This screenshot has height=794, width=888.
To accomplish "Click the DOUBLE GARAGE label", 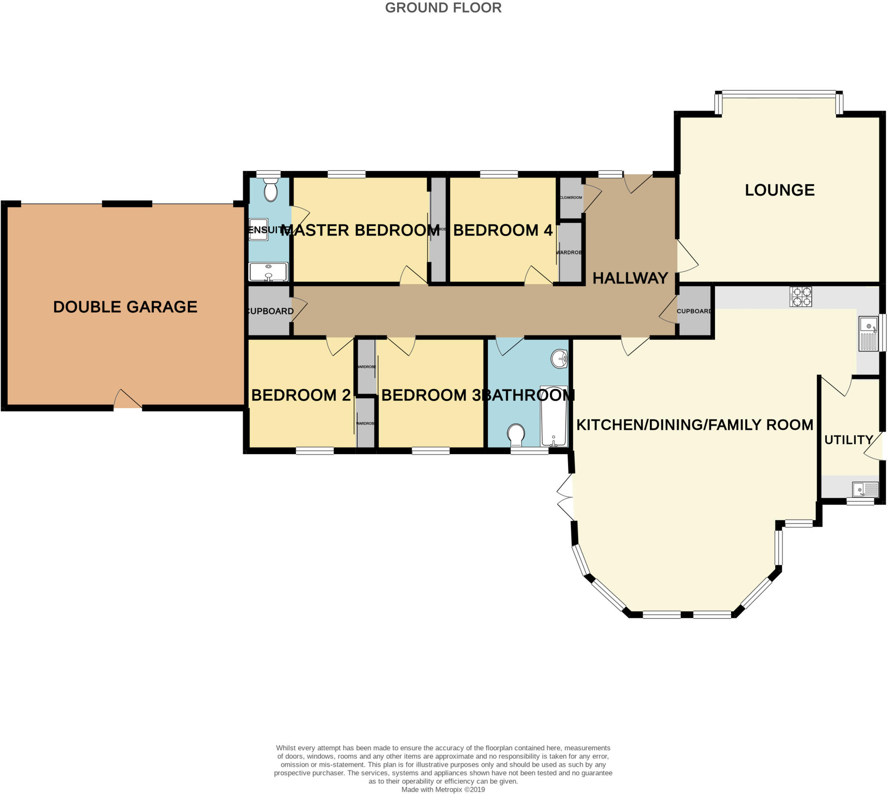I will [125, 307].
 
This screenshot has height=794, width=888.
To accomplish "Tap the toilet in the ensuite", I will [271, 190].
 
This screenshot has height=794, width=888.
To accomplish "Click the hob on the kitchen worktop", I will [800, 297].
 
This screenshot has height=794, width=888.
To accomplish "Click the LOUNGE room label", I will [780, 190].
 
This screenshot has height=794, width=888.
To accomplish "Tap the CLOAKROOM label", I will [571, 198].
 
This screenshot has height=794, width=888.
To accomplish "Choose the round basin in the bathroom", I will [560, 359].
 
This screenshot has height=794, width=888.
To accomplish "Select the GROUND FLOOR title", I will [443, 8].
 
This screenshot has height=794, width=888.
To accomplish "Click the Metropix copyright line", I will [443, 789].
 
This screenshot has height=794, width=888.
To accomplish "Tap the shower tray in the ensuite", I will [258, 229].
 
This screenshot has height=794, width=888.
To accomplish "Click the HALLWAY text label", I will [630, 278].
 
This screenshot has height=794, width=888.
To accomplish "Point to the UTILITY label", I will [848, 440].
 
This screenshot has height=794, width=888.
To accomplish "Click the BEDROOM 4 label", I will [503, 230].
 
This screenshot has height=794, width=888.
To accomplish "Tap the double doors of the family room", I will [565, 497].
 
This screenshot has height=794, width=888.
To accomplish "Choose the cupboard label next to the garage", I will [270, 311].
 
